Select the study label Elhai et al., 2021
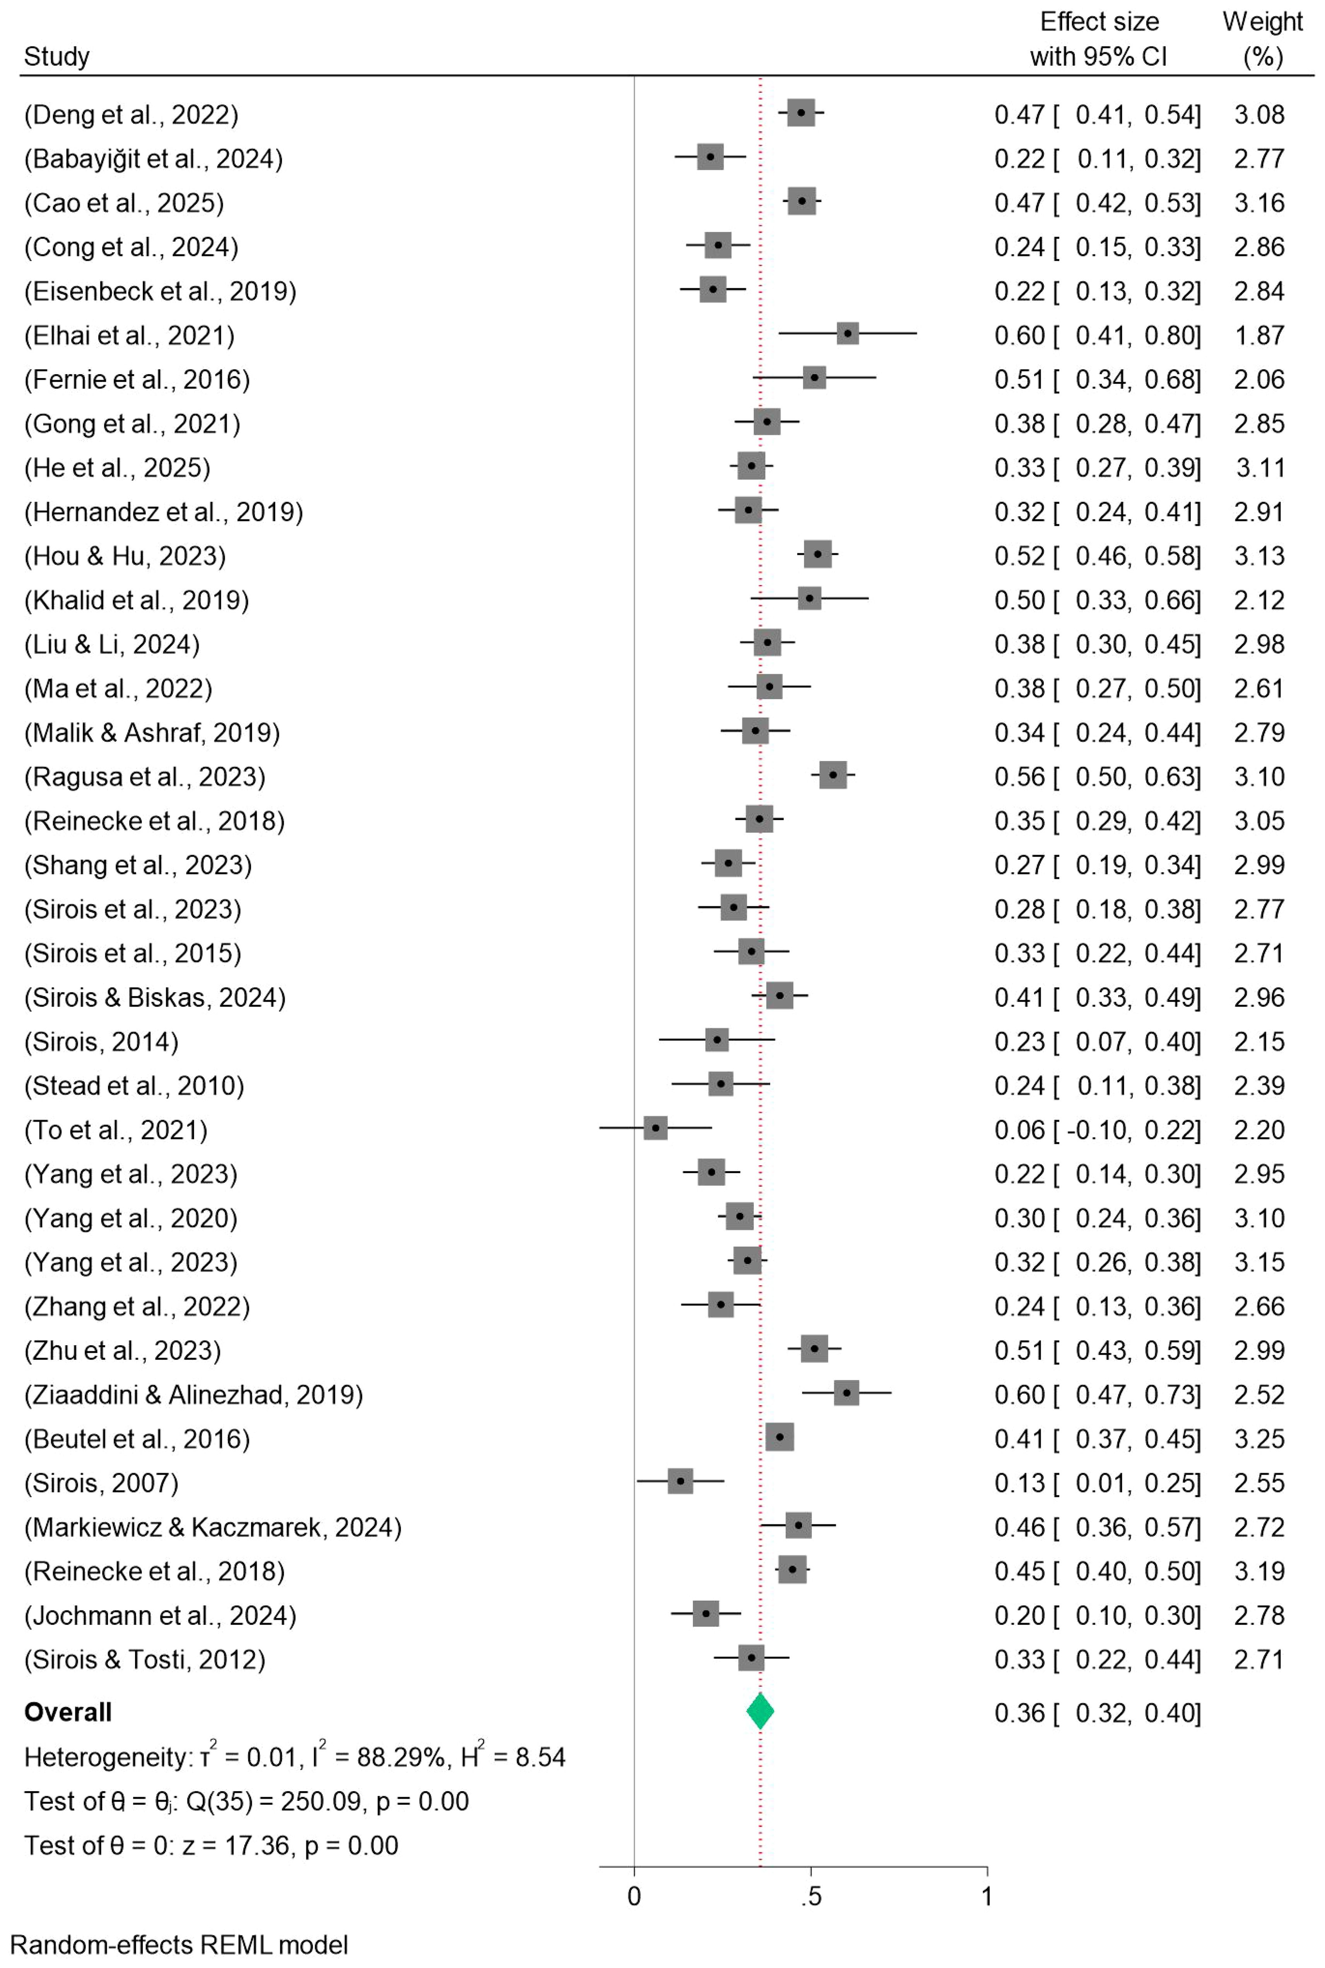click(129, 335)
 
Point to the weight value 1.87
click(1259, 335)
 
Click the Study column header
click(56, 56)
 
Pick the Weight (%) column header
click(1262, 39)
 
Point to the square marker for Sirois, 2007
click(680, 1481)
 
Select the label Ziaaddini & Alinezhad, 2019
click(193, 1394)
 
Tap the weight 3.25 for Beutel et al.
click(1259, 1438)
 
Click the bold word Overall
click(68, 1712)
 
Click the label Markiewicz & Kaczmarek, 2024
click(213, 1527)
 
